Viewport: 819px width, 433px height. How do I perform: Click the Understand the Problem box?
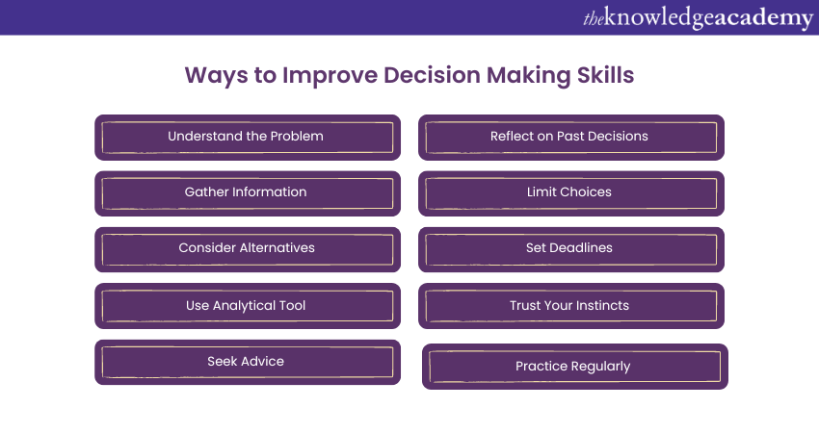click(248, 138)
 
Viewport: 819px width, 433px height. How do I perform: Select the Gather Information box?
click(248, 193)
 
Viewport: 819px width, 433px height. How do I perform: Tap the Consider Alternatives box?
click(248, 249)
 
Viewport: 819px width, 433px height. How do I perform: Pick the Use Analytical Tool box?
click(248, 306)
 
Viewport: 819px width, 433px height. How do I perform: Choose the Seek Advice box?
click(248, 362)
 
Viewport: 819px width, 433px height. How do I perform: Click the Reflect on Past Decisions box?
click(571, 138)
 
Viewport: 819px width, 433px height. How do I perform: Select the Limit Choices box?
click(571, 193)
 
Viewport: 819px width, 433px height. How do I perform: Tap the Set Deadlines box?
click(571, 249)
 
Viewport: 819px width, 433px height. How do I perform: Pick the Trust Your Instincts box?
click(571, 306)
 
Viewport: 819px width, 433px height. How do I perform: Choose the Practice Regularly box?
click(575, 367)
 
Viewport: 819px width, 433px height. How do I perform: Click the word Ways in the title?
click(216, 76)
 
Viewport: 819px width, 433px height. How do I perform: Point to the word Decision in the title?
click(432, 75)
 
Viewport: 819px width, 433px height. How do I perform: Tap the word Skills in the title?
click(605, 75)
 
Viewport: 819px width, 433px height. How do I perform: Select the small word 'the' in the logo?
click(593, 19)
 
